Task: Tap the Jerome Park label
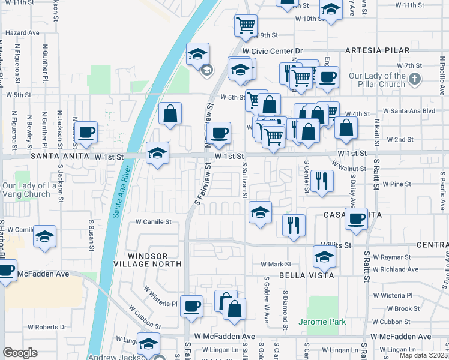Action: point(322,322)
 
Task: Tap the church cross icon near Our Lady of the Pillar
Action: point(414,79)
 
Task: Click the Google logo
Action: point(20,353)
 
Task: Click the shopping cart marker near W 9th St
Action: point(245,26)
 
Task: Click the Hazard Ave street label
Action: point(22,33)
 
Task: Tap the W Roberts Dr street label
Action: point(47,328)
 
